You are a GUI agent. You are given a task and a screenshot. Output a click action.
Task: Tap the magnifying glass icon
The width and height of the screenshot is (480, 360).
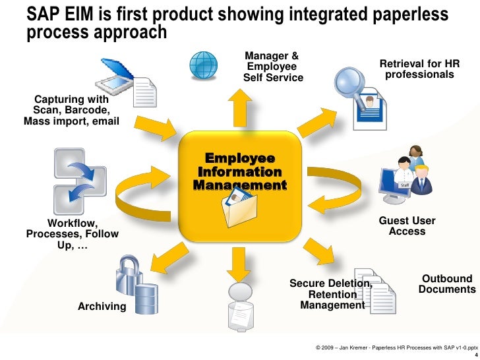coord(347,84)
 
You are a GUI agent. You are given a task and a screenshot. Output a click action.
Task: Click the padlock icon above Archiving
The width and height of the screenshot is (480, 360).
coord(127,271)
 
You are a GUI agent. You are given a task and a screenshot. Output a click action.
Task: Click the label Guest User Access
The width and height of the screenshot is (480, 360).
coord(407,226)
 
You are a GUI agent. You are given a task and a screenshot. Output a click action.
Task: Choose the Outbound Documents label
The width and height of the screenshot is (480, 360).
coord(446,284)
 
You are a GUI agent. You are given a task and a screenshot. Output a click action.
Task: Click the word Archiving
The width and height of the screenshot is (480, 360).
coord(102,306)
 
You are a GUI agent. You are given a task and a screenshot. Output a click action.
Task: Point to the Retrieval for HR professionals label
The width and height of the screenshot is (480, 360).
coord(419,69)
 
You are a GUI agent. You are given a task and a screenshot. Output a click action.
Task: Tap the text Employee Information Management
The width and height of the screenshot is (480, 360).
coord(240,172)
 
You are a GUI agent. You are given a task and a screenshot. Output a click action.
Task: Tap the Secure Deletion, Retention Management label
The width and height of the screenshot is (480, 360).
coord(332,294)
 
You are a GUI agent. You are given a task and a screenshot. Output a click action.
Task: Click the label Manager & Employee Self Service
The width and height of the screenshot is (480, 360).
coord(272,67)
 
